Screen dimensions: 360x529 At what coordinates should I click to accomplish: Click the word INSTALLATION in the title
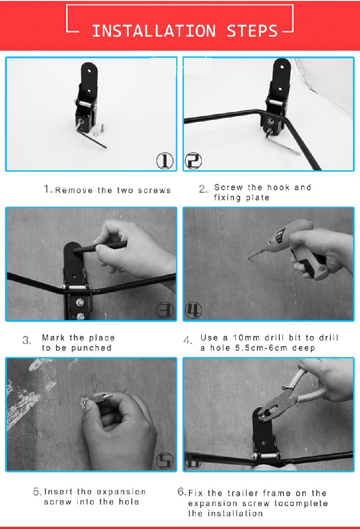pyautogui.click(x=154, y=31)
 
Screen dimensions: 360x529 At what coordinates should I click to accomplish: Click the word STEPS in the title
pyautogui.click(x=252, y=31)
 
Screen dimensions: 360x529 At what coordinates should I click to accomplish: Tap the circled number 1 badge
pyautogui.click(x=165, y=160)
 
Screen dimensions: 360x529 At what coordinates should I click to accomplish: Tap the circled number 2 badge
pyautogui.click(x=193, y=160)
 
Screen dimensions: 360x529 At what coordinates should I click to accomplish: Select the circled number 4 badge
pyautogui.click(x=193, y=310)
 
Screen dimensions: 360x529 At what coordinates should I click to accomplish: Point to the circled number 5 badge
pyautogui.click(x=165, y=461)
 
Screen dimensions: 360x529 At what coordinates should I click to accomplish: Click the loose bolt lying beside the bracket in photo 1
pyautogui.click(x=103, y=128)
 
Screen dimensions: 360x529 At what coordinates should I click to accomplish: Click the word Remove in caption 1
pyautogui.click(x=74, y=190)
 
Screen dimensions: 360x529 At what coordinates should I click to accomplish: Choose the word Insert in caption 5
pyautogui.click(x=58, y=492)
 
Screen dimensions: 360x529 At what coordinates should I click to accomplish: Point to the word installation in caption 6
pyautogui.click(x=235, y=514)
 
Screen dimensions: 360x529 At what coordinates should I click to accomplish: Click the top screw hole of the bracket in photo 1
pyautogui.click(x=89, y=71)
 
